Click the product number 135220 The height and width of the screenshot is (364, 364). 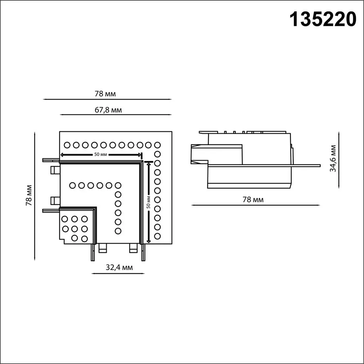click(x=323, y=19)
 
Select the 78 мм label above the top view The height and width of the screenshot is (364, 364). click(x=105, y=94)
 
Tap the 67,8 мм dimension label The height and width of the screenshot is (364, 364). click(x=108, y=110)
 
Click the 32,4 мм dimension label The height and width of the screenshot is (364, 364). click(x=119, y=268)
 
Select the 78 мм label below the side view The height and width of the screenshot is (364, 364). click(x=253, y=200)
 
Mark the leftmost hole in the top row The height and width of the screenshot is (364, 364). click(x=67, y=145)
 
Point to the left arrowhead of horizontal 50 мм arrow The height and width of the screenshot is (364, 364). click(x=62, y=155)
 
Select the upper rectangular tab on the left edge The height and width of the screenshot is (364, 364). click(x=55, y=170)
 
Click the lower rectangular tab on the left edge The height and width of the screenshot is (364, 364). click(x=55, y=201)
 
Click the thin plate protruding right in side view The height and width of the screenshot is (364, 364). click(x=306, y=165)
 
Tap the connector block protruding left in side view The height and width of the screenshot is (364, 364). click(x=199, y=154)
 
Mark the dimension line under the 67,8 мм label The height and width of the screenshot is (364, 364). click(x=116, y=115)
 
